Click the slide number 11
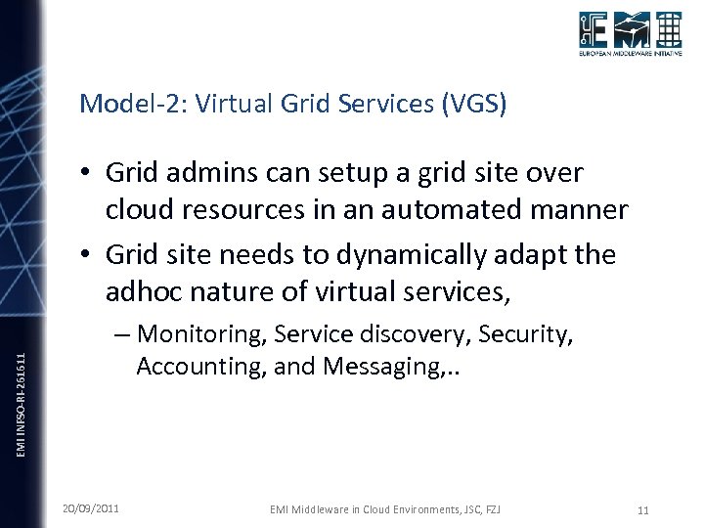pyautogui.click(x=642, y=509)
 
